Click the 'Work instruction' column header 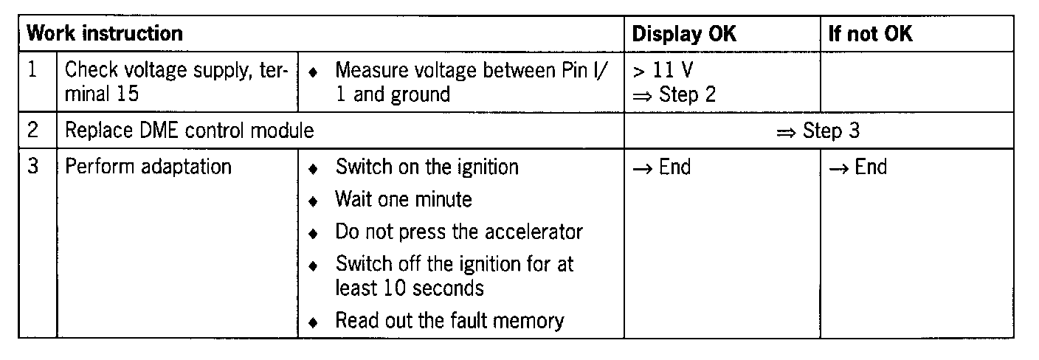point(105,34)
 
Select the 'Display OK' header point(684,34)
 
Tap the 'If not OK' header point(871,34)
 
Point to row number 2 point(33,131)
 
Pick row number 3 point(33,166)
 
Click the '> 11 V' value point(662,72)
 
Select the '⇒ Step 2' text point(673,94)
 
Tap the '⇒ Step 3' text point(818,131)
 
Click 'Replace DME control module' point(190,131)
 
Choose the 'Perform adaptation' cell point(148,167)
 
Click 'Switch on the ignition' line point(427,167)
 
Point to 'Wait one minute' point(403,199)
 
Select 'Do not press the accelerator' point(458,232)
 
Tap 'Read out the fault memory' point(449,321)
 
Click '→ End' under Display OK point(661,167)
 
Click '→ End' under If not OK point(857,167)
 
